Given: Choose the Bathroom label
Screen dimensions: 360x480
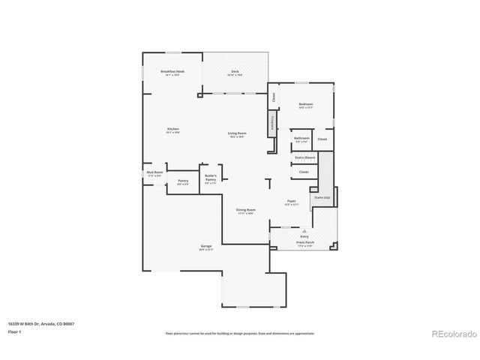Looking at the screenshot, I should pyautogui.click(x=302, y=139).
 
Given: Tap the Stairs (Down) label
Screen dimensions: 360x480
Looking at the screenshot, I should pyautogui.click(x=304, y=157).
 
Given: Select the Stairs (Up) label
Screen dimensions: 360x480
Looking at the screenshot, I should pyautogui.click(x=322, y=197).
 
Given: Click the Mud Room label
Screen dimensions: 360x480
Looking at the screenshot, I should pyautogui.click(x=154, y=173).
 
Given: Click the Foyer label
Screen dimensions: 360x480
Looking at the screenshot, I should pyautogui.click(x=292, y=202).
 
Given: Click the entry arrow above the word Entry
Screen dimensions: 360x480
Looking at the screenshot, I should pyautogui.click(x=304, y=231).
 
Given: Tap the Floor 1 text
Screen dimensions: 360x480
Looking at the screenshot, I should pyautogui.click(x=14, y=331).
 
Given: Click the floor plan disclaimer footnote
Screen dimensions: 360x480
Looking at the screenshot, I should pyautogui.click(x=240, y=333).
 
